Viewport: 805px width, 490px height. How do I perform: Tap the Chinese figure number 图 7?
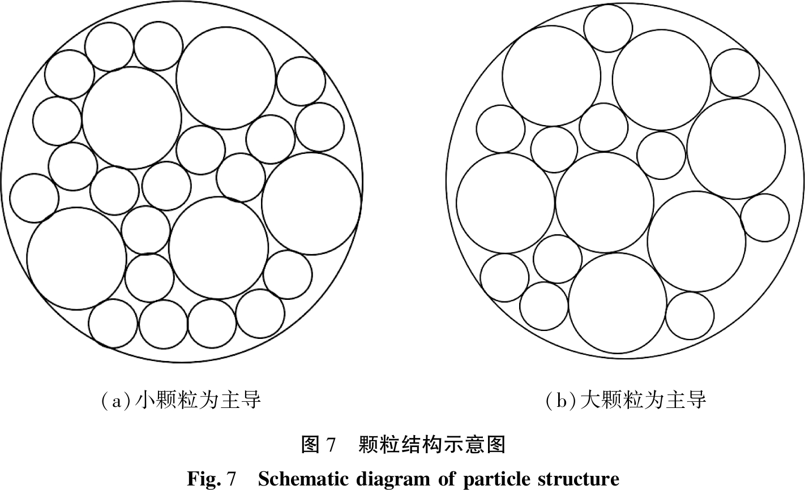[x=318, y=444]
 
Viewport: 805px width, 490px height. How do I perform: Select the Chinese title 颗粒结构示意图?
[x=432, y=444]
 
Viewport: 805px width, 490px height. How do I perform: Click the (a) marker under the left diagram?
[x=115, y=401]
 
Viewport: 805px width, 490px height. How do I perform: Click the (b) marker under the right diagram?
[x=562, y=401]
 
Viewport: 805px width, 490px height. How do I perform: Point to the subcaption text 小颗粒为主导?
[x=198, y=400]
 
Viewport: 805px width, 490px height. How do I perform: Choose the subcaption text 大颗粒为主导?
[x=643, y=400]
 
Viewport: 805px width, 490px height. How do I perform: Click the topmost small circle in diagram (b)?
[x=608, y=28]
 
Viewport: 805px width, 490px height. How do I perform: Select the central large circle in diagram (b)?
[x=605, y=202]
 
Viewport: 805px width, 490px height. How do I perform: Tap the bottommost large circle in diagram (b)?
[x=618, y=303]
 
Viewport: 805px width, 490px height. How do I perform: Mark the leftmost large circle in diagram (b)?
[x=506, y=203]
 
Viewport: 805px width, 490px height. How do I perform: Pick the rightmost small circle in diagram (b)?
[x=765, y=218]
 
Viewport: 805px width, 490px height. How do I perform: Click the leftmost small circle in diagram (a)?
[x=34, y=198]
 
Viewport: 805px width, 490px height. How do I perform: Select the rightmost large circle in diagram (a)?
[x=311, y=204]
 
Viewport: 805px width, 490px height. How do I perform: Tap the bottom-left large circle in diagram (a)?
[x=76, y=258]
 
